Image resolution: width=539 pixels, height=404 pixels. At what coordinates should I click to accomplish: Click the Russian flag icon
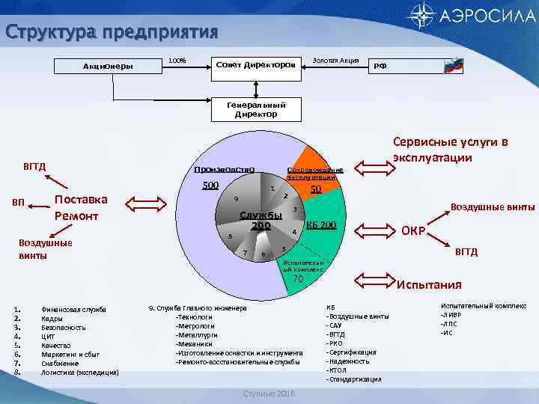[x=454, y=64]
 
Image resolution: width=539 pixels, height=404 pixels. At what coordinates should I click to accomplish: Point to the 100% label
[x=177, y=60]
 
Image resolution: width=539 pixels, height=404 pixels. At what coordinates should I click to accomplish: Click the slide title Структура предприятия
[x=112, y=32]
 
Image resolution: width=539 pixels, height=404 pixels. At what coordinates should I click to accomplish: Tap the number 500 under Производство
[x=211, y=185]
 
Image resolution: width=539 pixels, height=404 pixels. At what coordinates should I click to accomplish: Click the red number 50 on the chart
[x=316, y=190]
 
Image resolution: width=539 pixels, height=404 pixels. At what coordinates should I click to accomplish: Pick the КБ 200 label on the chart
[x=322, y=225]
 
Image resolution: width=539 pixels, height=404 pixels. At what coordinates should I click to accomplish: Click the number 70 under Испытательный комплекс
[x=298, y=279]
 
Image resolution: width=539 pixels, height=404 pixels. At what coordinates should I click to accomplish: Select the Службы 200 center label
[x=261, y=221]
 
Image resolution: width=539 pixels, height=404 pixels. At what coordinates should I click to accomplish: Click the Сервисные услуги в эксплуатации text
[x=451, y=150]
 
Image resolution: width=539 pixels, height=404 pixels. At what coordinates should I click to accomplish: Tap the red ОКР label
[x=414, y=230]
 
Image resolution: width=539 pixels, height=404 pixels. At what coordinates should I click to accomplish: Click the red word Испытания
[x=429, y=284]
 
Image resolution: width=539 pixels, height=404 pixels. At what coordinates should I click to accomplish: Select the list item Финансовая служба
[x=73, y=309]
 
